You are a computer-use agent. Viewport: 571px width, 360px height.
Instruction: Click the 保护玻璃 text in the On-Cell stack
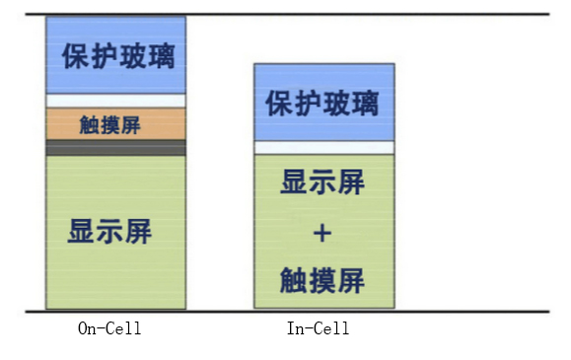click(116, 55)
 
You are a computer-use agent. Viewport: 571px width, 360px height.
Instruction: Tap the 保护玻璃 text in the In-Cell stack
click(322, 103)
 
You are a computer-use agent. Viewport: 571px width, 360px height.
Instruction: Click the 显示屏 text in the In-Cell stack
click(322, 183)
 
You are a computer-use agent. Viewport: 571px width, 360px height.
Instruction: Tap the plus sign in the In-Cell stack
click(322, 234)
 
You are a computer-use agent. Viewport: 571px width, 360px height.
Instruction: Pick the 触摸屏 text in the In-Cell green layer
click(322, 280)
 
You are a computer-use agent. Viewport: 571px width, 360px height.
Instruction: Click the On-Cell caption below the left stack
click(109, 328)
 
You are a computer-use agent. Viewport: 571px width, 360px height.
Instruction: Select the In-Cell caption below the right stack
click(318, 328)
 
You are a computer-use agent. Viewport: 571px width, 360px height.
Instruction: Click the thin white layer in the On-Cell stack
click(116, 101)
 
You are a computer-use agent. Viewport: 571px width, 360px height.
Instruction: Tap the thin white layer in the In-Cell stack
click(323, 147)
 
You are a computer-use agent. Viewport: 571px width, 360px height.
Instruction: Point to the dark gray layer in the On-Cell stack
click(116, 148)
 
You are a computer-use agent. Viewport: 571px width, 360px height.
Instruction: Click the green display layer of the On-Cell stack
click(116, 276)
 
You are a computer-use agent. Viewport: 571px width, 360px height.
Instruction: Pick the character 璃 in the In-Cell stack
click(364, 103)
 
